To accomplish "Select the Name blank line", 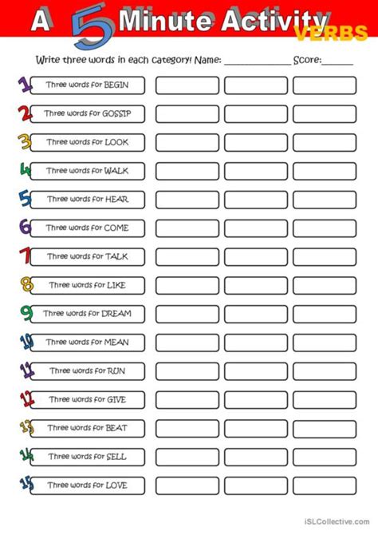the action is point(256,62).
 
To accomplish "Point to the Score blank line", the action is point(337,62).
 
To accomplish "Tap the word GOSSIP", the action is point(116,114).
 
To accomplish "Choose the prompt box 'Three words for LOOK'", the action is point(86,142).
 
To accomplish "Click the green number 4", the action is point(25,170).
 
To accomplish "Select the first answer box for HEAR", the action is point(187,200).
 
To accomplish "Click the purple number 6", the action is point(25,228).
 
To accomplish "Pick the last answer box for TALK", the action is point(324,256).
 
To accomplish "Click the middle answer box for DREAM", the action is point(255,314).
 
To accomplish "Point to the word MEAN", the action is point(116,343).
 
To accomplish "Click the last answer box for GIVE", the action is point(324,399).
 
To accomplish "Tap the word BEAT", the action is point(116,428).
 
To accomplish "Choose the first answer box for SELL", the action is point(187,457).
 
